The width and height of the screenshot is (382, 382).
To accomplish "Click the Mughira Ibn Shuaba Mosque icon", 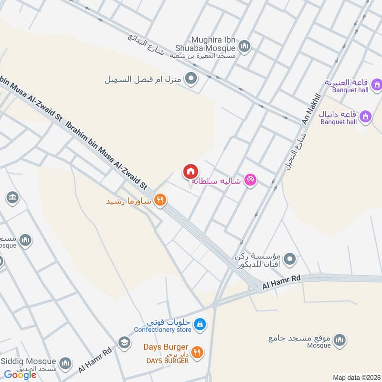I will pos(244,46).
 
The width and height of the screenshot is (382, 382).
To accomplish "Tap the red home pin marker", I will pos(191,170).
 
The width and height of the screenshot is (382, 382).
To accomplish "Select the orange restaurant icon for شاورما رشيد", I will pos(160,201).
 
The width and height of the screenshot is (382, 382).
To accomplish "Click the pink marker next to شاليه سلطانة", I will pos(250,180).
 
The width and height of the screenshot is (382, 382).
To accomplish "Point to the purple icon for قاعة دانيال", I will pos(366,116).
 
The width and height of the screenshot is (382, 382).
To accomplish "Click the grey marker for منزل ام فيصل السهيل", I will pos(191,78).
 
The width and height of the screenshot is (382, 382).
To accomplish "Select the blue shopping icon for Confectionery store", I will pos(201,324).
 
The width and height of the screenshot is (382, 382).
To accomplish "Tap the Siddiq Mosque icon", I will pos(66,363).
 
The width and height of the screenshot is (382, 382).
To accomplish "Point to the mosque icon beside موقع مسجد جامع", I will pos(340,340).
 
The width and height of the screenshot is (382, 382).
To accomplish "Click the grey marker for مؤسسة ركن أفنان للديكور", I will pos(289,260).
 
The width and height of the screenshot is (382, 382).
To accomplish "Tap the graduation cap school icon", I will pos(124,342).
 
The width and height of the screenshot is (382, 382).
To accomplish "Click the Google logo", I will pos(20,374).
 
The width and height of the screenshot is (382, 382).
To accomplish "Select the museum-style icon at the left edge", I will pos(12,197).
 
